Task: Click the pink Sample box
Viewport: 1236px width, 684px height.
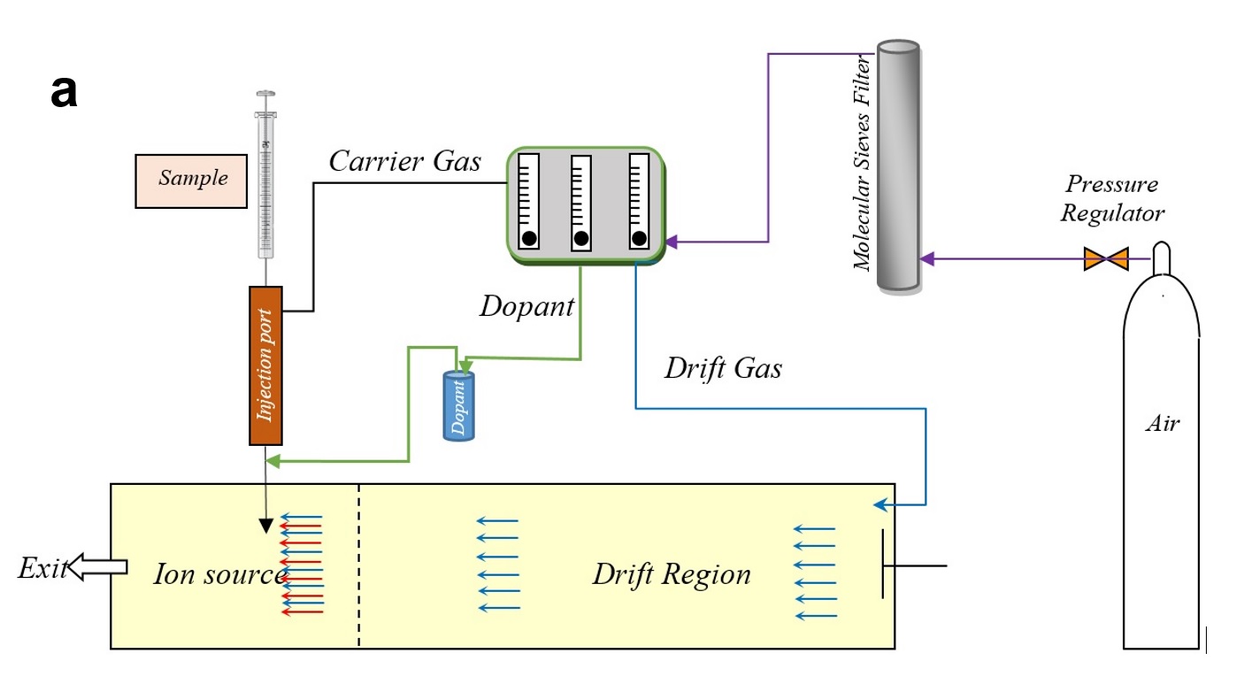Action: tap(191, 181)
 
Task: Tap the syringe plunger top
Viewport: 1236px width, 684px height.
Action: tap(265, 93)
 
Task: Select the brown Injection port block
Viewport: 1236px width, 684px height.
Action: tap(265, 365)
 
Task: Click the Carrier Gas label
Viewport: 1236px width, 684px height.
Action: tap(405, 161)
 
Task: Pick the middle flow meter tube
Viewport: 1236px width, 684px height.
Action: tap(581, 203)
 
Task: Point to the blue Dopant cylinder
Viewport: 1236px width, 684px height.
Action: tap(459, 406)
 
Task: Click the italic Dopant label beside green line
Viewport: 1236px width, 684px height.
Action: tap(527, 306)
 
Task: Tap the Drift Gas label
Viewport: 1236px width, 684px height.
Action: tap(723, 368)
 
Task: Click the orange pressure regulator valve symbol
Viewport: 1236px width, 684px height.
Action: tap(1106, 259)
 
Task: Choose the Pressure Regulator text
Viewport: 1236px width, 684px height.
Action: tap(1112, 199)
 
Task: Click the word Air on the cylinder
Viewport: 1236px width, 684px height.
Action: tap(1163, 424)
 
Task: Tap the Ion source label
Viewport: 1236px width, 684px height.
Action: tap(219, 574)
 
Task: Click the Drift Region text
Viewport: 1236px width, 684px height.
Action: tap(672, 574)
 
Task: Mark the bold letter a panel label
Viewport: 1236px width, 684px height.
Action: tap(65, 91)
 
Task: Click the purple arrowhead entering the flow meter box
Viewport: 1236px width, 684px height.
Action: tap(672, 241)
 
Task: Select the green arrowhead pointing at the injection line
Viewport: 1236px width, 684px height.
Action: tap(273, 461)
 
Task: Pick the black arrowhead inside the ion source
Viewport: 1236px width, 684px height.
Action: tap(265, 526)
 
